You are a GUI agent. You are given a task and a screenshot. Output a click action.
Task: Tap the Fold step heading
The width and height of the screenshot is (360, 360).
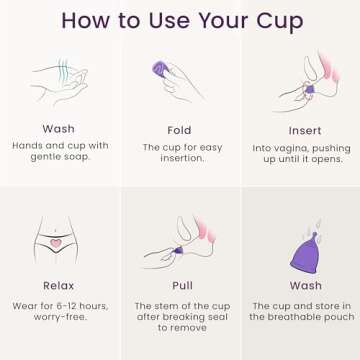click(179, 130)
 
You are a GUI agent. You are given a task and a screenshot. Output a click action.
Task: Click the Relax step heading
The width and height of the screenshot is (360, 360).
click(58, 285)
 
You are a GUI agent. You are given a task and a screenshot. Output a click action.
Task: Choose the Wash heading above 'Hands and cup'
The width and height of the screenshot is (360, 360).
click(58, 129)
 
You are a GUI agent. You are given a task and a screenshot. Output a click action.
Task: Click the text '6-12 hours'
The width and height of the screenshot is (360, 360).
click(77, 305)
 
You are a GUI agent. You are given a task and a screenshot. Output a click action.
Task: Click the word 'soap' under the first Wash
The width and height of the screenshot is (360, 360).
click(75, 158)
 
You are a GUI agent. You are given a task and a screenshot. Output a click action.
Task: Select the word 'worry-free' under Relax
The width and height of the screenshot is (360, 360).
click(58, 317)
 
